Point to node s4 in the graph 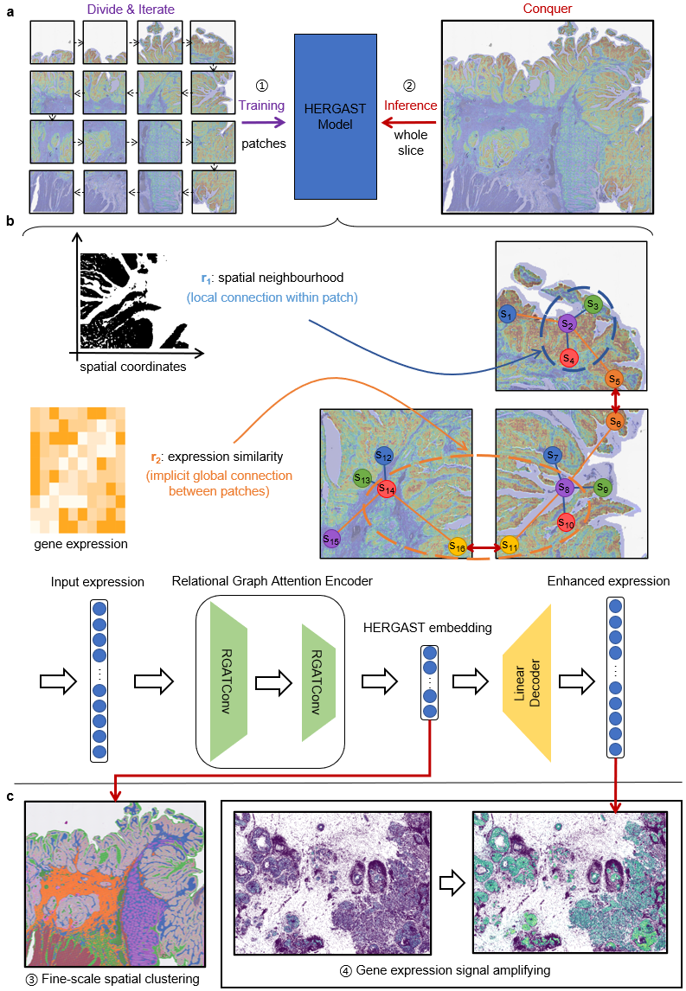[x=568, y=357]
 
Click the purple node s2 [x=567, y=324]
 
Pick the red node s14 [x=386, y=489]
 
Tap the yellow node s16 [x=458, y=547]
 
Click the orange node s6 [x=615, y=421]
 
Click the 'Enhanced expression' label [x=608, y=581]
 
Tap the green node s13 [x=362, y=478]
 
